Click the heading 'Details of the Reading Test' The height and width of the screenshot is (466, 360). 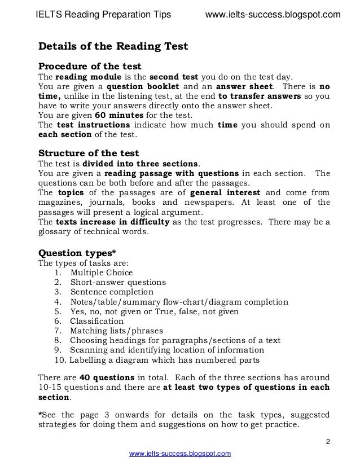(113, 46)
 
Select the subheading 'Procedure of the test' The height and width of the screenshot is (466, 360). (89, 66)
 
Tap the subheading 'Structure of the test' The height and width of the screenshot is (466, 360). (89, 153)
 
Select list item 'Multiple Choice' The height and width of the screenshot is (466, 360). (102, 273)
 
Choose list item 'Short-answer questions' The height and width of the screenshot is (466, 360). (118, 283)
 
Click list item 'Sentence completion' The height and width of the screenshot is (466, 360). (112, 292)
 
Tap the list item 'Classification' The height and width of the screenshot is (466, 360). (96, 321)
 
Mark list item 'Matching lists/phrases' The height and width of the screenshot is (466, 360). (116, 331)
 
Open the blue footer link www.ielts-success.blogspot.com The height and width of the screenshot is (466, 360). (181, 454)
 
